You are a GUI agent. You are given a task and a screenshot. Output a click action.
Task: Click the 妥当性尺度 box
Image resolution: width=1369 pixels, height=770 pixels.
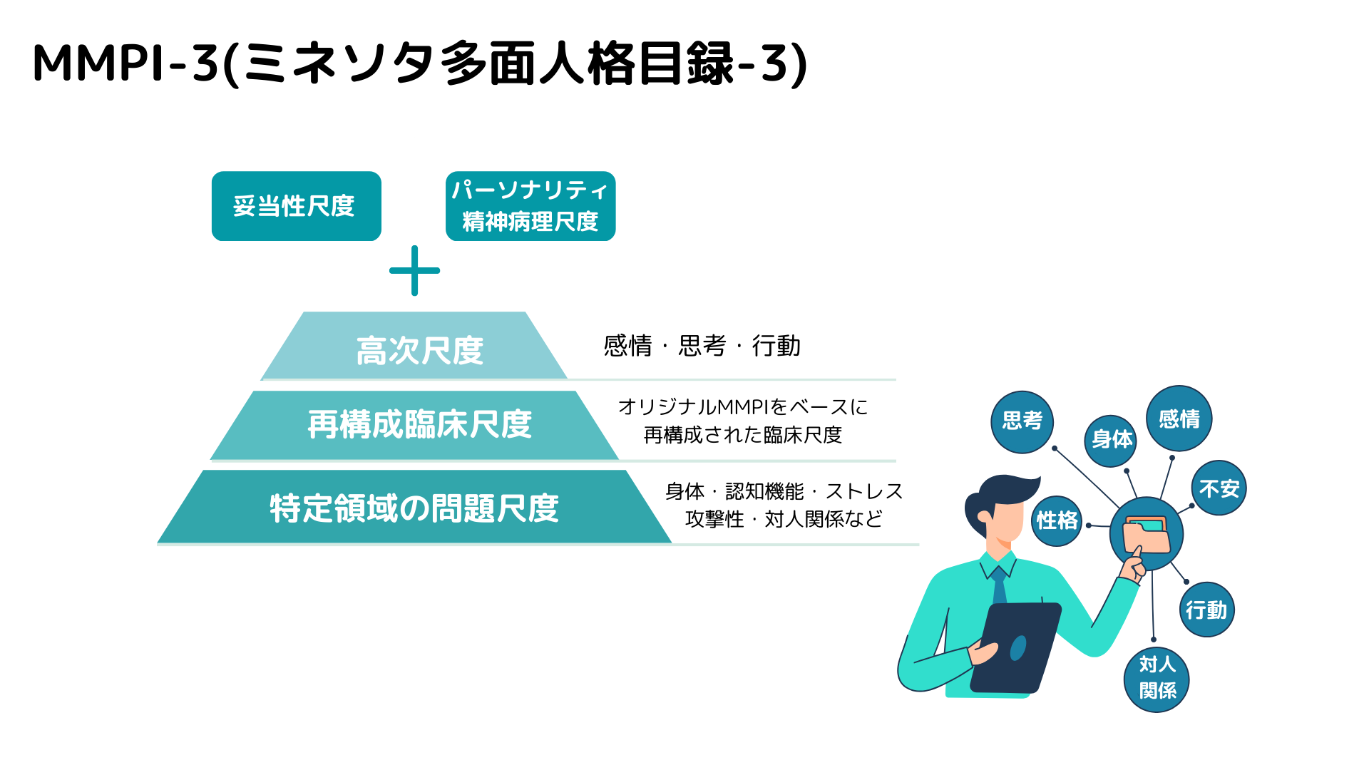296,206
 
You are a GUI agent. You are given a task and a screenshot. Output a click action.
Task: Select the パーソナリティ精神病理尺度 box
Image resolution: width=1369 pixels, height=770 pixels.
530,206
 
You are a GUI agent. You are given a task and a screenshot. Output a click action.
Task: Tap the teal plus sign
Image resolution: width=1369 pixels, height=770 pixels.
414,271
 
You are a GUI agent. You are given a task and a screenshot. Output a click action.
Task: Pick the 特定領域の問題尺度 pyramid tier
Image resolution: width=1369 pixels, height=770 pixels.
414,508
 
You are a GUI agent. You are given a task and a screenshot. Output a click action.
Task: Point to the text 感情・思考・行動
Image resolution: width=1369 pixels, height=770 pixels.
702,346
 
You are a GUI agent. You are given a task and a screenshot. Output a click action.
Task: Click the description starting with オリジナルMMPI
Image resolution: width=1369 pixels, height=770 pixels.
742,421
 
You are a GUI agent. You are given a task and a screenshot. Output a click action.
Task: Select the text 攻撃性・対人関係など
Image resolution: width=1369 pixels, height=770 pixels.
784,519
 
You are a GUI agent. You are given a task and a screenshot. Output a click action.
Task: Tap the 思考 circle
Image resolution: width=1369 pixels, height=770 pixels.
1022,421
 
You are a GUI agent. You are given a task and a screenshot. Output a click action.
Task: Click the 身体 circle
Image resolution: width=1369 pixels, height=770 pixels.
1110,440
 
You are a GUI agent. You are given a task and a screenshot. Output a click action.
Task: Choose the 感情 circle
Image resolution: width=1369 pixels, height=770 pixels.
1179,419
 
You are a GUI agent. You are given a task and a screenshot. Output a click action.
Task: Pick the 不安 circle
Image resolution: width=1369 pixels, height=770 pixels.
1219,488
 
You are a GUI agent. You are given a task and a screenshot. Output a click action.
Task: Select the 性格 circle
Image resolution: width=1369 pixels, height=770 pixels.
1057,520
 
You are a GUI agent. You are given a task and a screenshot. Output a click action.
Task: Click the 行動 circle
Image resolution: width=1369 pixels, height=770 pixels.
1206,610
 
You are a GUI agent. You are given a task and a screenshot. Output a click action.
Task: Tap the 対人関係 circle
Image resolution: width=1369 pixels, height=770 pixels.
1156,679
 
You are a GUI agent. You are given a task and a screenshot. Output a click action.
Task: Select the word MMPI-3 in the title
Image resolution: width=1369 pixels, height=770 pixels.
125,63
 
